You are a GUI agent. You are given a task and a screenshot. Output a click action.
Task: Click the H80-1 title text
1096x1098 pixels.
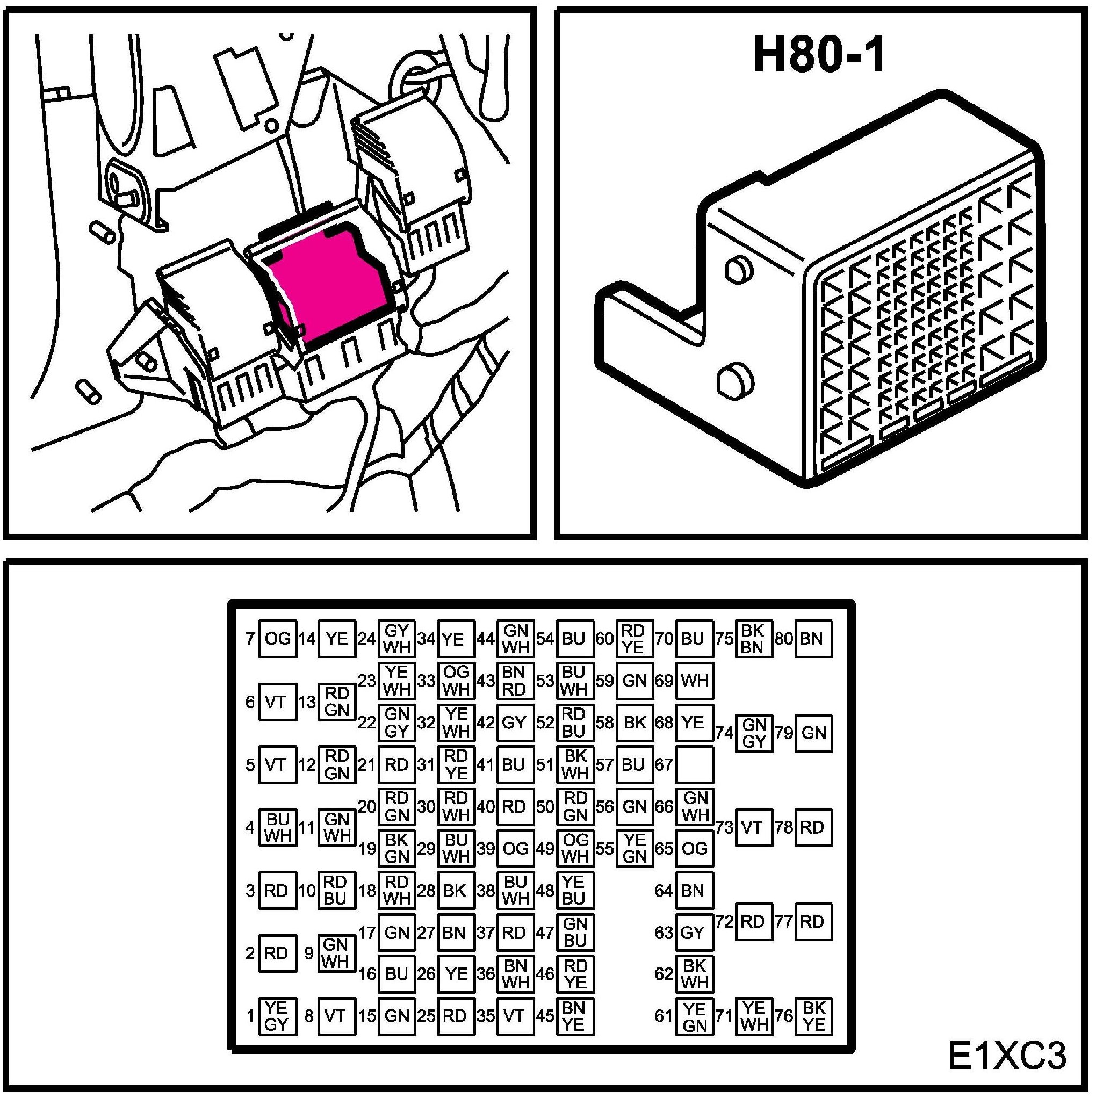[x=819, y=56]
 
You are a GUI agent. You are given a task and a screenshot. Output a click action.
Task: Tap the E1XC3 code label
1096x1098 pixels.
[x=1007, y=1056]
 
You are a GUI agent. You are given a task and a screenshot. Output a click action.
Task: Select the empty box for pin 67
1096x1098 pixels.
[x=695, y=765]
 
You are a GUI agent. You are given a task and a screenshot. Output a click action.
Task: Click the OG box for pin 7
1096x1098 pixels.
[x=277, y=639]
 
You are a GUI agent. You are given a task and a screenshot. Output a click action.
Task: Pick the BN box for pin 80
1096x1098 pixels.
[x=813, y=639]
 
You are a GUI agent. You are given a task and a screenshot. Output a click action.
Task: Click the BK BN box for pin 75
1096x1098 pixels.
[x=754, y=639]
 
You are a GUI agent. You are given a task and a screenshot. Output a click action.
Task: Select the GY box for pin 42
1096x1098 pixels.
[x=515, y=723]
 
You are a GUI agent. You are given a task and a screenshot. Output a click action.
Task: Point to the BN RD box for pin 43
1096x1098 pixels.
[x=515, y=681]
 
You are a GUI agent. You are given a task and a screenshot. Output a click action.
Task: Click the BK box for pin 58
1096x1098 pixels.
[x=635, y=723]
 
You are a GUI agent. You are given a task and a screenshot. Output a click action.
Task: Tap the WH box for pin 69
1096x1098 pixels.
[x=695, y=681]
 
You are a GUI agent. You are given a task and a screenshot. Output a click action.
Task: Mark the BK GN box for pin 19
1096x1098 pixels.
[x=397, y=849]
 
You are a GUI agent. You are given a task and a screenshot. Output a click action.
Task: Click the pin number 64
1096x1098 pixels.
[x=664, y=891]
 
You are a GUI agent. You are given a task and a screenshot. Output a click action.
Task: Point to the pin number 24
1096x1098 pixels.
[x=366, y=639]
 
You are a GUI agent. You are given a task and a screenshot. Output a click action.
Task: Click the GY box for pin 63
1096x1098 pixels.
[x=695, y=933]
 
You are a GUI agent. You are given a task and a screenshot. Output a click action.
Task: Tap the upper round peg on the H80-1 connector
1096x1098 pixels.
[x=739, y=269]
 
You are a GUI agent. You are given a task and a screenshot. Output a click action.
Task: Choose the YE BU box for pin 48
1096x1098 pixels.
[x=575, y=891]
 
